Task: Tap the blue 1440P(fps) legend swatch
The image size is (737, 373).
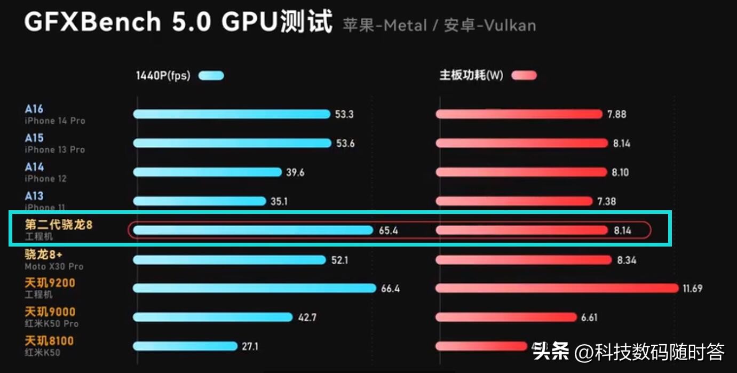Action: [211, 76]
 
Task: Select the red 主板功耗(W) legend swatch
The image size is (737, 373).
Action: [524, 76]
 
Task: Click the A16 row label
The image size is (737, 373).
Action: [34, 109]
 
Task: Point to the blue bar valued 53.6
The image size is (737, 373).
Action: [232, 143]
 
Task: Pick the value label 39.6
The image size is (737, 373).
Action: [295, 172]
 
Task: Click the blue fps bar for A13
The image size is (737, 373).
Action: [199, 201]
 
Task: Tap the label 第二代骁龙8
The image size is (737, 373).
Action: [59, 225]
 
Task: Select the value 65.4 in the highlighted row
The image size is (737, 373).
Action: [389, 231]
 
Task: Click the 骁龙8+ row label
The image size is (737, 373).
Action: [44, 255]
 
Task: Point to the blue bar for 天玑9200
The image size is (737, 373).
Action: [254, 288]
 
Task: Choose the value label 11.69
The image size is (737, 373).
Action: [692, 289]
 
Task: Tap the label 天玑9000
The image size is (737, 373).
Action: [50, 312]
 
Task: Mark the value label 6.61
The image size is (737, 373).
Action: [589, 318]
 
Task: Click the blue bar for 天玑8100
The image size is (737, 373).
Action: [185, 346]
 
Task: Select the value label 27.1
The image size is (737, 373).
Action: [250, 346]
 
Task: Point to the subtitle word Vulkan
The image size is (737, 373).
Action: [510, 26]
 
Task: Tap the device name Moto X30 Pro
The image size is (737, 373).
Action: [54, 266]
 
